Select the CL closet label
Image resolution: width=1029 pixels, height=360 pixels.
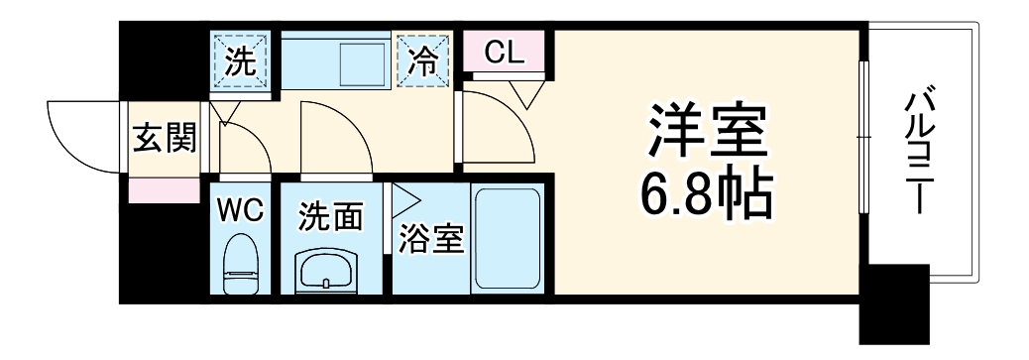tap(506, 53)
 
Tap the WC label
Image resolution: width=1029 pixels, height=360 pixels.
tap(238, 210)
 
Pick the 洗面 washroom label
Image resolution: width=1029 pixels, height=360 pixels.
tap(330, 215)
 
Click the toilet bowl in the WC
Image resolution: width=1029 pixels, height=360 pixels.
tap(240, 266)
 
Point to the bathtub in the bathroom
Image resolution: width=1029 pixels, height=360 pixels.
tap(507, 239)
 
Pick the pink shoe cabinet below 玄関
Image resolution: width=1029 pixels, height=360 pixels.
tap(164, 190)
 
